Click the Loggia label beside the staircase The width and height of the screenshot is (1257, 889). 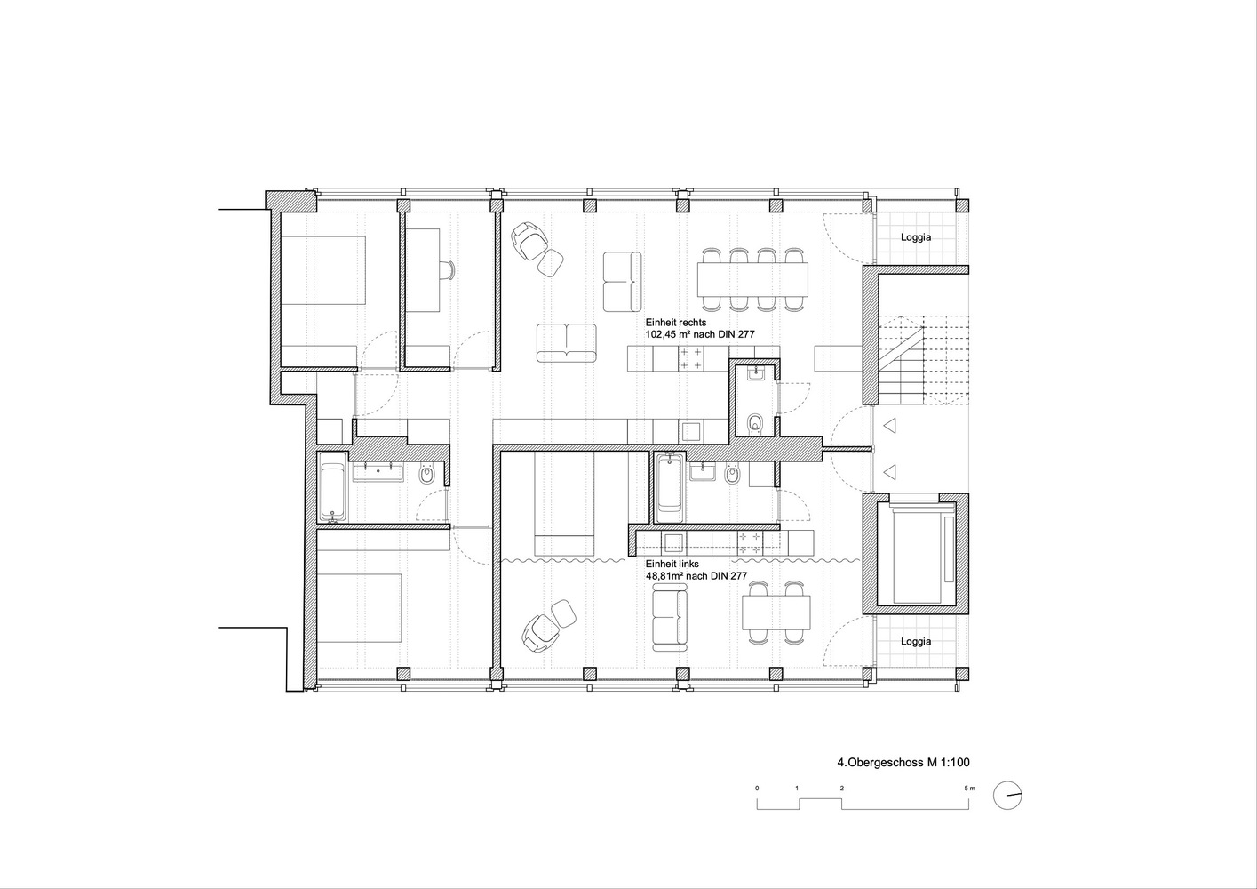916,237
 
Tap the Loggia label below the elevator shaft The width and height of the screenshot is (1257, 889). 916,641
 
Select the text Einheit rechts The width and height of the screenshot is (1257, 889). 676,323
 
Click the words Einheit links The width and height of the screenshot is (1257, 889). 672,565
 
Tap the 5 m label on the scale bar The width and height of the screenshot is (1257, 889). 970,789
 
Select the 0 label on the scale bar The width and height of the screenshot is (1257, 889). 757,789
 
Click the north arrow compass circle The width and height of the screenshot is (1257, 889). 1007,796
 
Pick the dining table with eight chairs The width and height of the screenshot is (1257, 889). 753,279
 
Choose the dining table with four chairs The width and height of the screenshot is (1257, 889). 776,613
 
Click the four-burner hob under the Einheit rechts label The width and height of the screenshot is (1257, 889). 691,359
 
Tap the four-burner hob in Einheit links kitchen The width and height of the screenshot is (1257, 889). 750,542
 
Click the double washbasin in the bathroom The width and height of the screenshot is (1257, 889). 378,472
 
